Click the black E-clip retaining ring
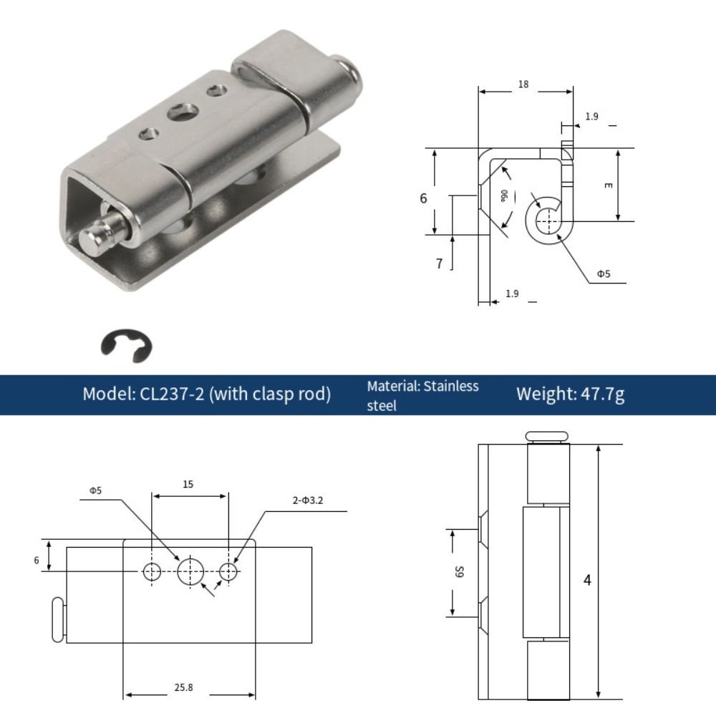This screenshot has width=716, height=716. point(126,345)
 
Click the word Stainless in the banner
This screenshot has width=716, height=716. point(451,387)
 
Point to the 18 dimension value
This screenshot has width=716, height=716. point(523,84)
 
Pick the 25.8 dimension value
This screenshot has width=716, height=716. point(183,687)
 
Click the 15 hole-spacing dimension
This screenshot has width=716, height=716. point(188,485)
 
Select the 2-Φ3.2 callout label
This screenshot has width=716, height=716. point(308,500)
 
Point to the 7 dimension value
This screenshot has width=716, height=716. point(439,263)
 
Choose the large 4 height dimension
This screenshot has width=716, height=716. point(587,580)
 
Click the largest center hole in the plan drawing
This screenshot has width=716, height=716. point(190,571)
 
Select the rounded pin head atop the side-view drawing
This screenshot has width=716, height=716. point(547,436)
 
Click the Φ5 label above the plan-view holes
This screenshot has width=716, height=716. point(95,490)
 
